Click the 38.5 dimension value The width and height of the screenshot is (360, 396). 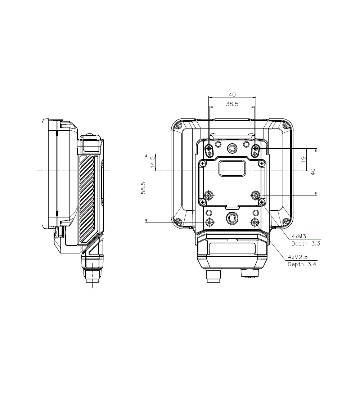pos(232,104)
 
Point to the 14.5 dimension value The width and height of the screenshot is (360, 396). pos(152,162)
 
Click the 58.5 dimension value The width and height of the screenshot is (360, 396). pos(143,188)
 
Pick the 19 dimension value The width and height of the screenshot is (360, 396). pos(304,159)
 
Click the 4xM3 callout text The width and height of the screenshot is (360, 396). pos(299,237)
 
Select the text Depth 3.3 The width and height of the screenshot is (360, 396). pos(306,244)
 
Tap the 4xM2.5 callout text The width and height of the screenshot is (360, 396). pos(298,257)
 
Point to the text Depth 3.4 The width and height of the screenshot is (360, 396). pos(302,265)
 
